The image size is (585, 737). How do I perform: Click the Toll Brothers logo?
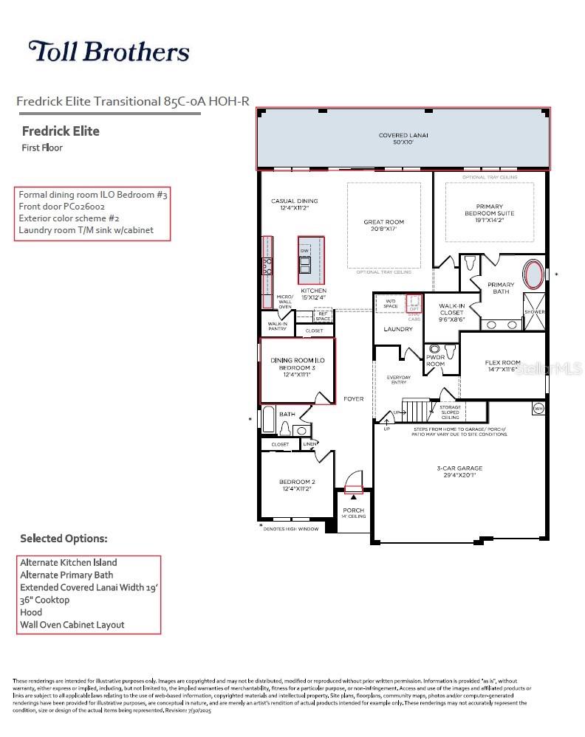109,52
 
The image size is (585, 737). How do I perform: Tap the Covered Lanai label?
403,139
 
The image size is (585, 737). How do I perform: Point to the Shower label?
534,312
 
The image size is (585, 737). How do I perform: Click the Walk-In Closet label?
451,313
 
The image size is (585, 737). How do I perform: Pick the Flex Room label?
502,366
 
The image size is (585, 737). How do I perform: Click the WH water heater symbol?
538,407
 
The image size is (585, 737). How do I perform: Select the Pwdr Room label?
435,361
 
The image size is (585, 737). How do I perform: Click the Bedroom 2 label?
297,485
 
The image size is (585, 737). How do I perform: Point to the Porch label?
353,513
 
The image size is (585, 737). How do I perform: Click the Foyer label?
353,399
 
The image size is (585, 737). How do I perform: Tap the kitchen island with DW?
310,260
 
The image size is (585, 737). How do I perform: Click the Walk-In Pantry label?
277,326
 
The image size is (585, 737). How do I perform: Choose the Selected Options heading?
64,539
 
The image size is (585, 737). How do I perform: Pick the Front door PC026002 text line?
61,207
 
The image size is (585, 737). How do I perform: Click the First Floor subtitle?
43,148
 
